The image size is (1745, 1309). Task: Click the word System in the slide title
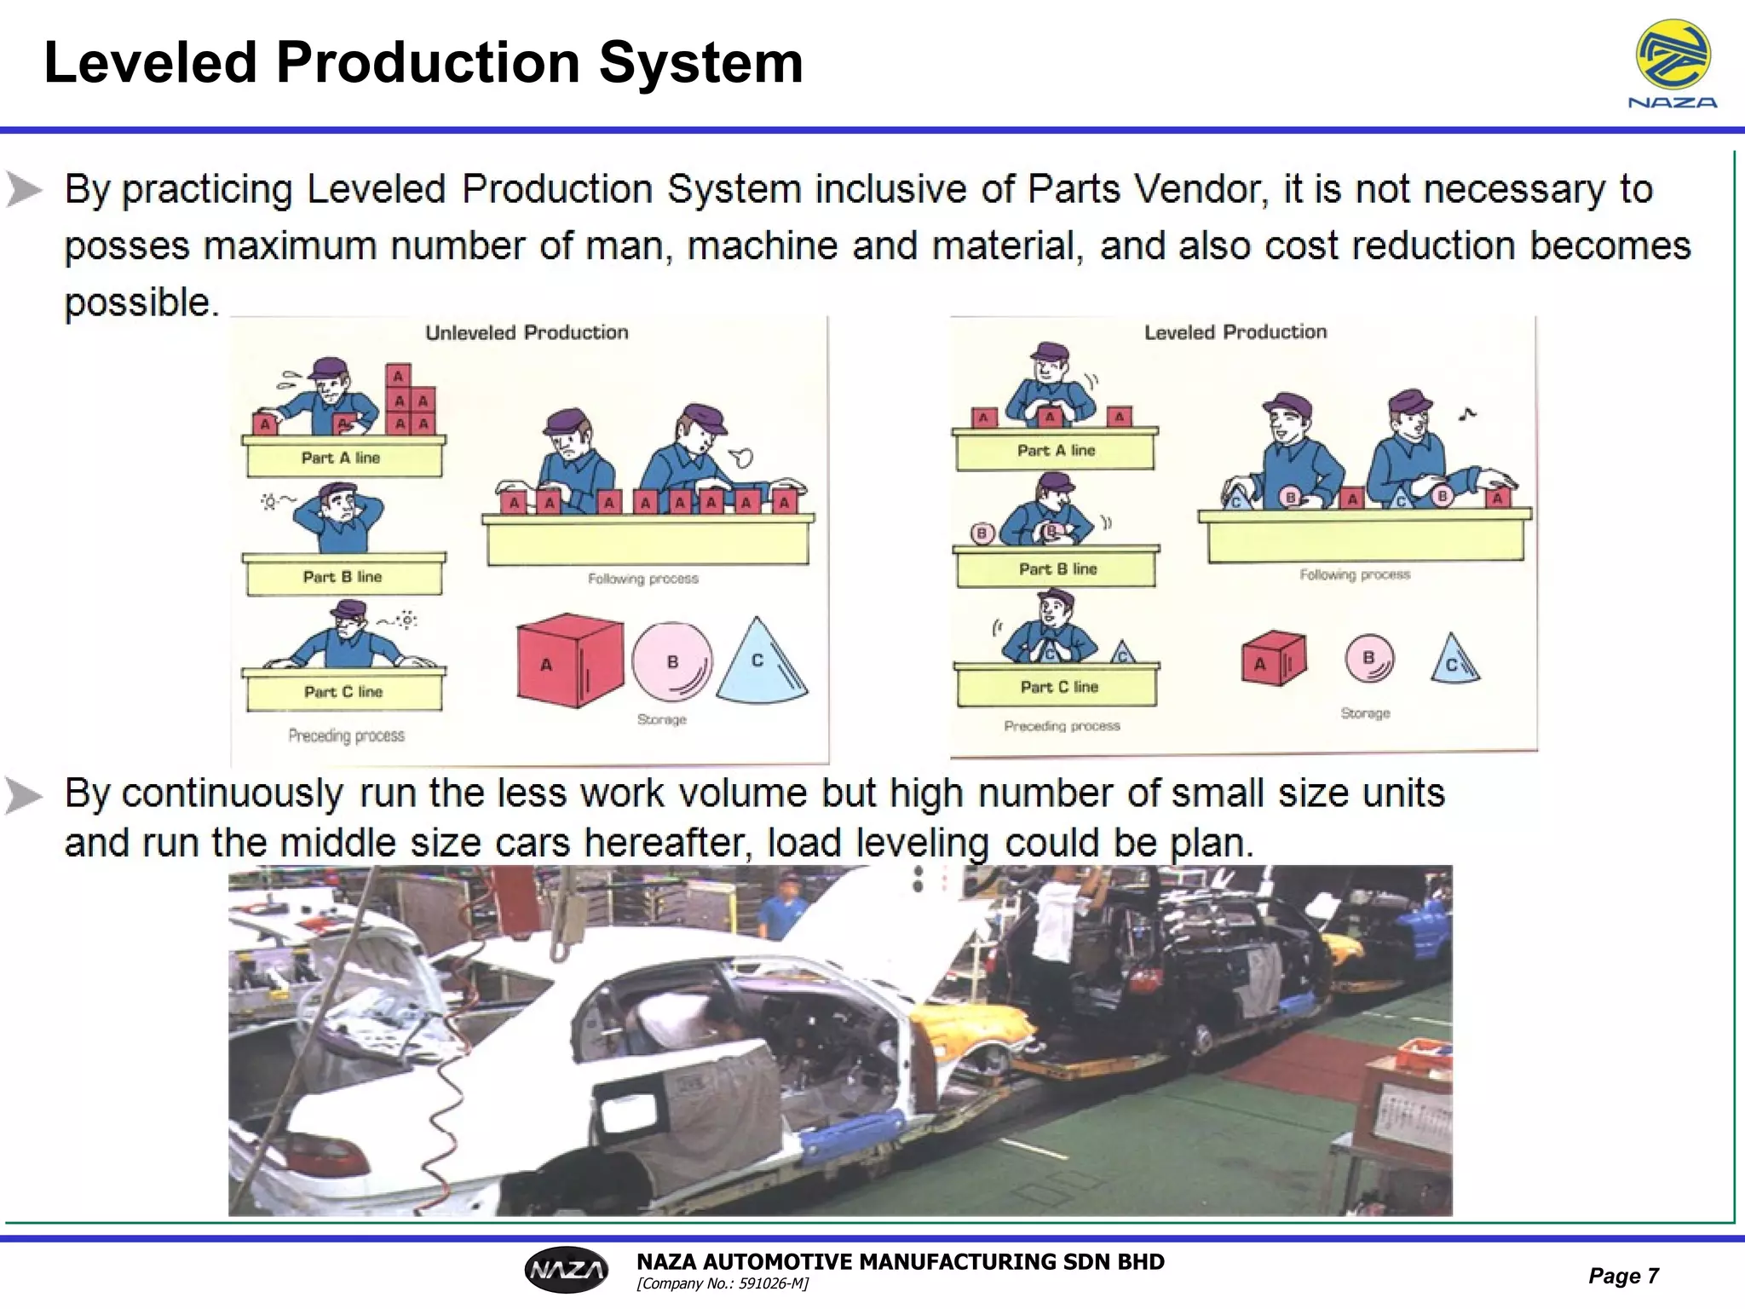pyautogui.click(x=700, y=63)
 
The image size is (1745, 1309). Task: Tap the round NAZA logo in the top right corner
pyautogui.click(x=1673, y=55)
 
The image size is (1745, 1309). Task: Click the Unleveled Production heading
pyautogui.click(x=527, y=332)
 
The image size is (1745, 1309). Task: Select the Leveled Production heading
pyautogui.click(x=1235, y=332)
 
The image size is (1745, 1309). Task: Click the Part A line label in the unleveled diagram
pyautogui.click(x=341, y=458)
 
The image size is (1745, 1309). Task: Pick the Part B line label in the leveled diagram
pyautogui.click(x=1057, y=569)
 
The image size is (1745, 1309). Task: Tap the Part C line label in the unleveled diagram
pyautogui.click(x=343, y=692)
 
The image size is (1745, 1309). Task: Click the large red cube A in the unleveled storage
pyautogui.click(x=568, y=661)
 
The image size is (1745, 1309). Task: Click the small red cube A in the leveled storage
pyautogui.click(x=1273, y=659)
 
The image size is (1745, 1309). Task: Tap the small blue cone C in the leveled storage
pyautogui.click(x=1454, y=660)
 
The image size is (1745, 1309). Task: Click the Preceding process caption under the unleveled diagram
pyautogui.click(x=346, y=735)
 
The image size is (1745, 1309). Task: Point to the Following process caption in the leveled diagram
pyautogui.click(x=1355, y=575)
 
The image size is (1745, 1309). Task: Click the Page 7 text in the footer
pyautogui.click(x=1623, y=1276)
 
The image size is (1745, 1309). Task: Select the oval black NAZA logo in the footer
pyautogui.click(x=567, y=1271)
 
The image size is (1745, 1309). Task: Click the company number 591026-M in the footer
pyautogui.click(x=722, y=1284)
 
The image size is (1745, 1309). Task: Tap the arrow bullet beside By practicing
pyautogui.click(x=24, y=189)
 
